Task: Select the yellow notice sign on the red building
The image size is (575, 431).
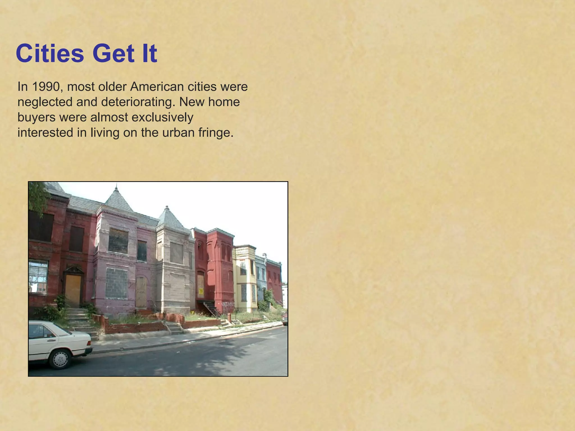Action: [201, 291]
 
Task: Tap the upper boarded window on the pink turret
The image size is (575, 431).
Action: [118, 241]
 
